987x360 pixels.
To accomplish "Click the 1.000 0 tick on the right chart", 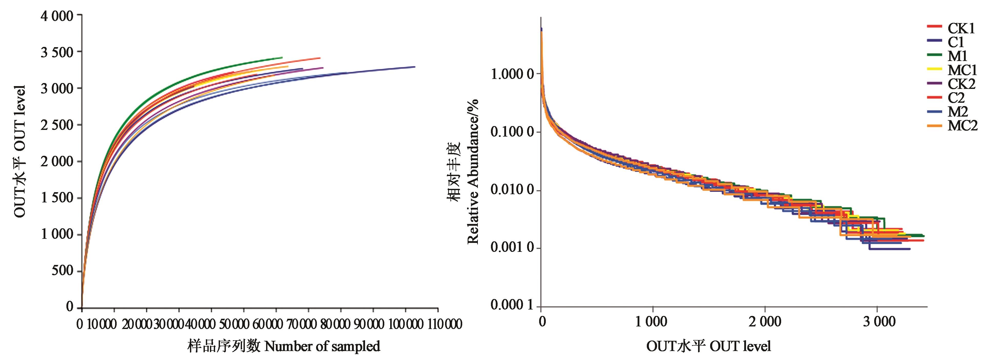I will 511,74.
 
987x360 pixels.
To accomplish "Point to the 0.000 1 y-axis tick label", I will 511,305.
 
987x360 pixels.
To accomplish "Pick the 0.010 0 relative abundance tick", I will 511,190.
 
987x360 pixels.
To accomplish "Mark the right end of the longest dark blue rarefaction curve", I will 415,67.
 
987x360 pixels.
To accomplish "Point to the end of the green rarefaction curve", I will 282,58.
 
